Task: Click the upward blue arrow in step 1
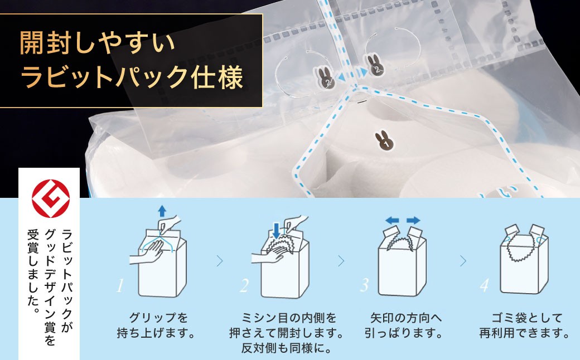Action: (x=162, y=210)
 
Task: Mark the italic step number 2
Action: (x=244, y=286)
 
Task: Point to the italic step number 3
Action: (x=364, y=286)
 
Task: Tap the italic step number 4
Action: (x=484, y=286)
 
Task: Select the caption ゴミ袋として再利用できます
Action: (x=524, y=327)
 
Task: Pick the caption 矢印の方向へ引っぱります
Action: (x=406, y=327)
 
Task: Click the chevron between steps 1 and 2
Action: (x=219, y=260)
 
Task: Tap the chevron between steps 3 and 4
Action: (x=462, y=260)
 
